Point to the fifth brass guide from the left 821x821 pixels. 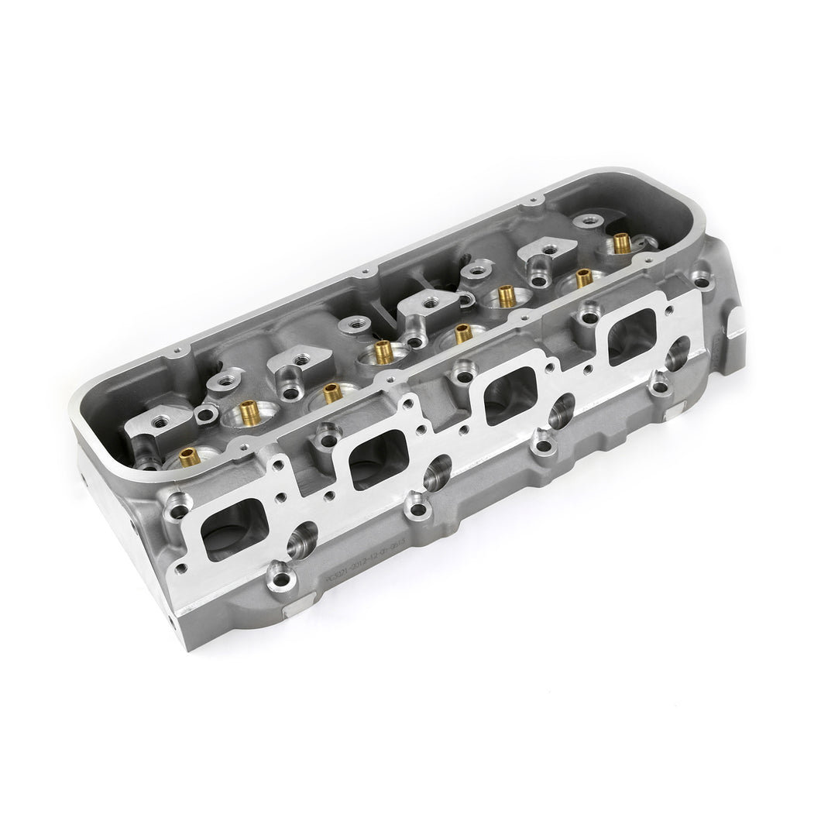point(462,333)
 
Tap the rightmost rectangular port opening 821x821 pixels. point(631,339)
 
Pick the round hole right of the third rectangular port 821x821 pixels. point(565,409)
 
